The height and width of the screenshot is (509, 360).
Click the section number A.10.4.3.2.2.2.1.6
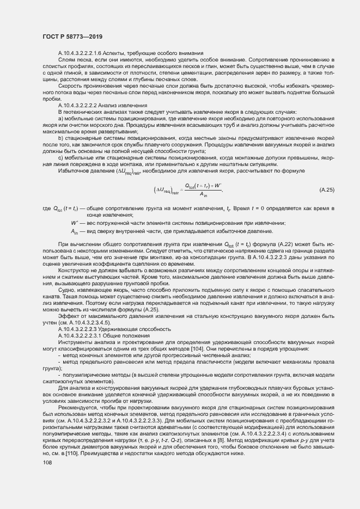[85, 53]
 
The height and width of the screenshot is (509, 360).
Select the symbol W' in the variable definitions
[89, 223]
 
